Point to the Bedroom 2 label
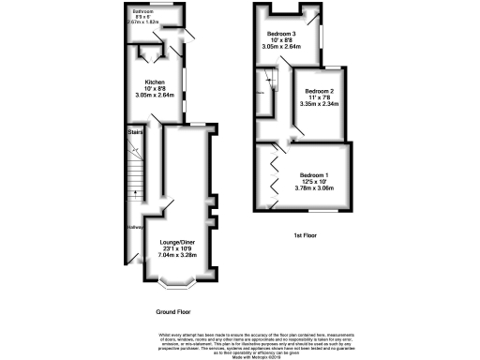(319, 90)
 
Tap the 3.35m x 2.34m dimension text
(319, 105)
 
